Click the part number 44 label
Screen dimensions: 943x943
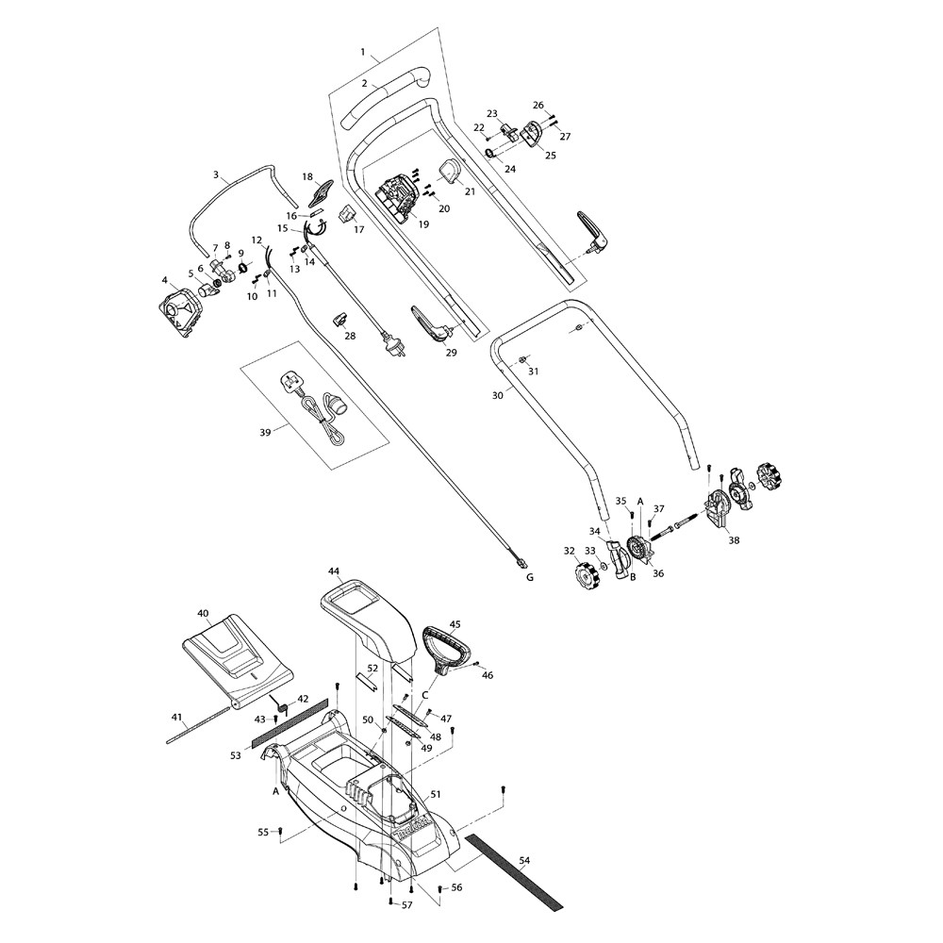click(x=334, y=571)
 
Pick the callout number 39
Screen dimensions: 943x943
click(x=265, y=433)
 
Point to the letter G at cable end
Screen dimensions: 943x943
click(x=529, y=576)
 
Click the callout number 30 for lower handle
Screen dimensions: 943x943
click(x=497, y=396)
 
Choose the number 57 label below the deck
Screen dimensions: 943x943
click(x=407, y=905)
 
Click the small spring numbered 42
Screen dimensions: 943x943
click(x=280, y=704)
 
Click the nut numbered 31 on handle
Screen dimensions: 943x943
click(x=521, y=360)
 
